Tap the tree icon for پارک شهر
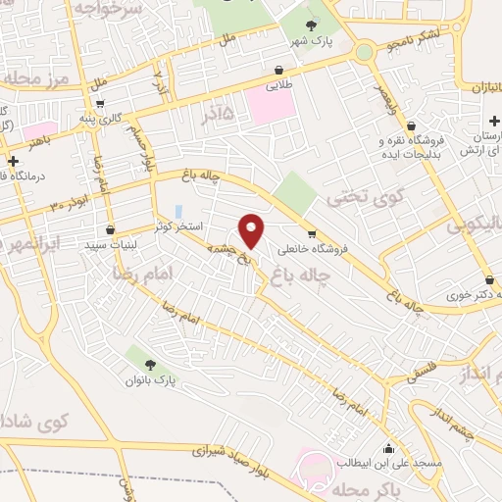(x=312, y=26)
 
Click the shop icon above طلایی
(x=279, y=70)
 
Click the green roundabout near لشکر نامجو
(x=365, y=51)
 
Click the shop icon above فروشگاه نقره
(x=410, y=125)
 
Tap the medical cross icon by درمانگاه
(x=13, y=161)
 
